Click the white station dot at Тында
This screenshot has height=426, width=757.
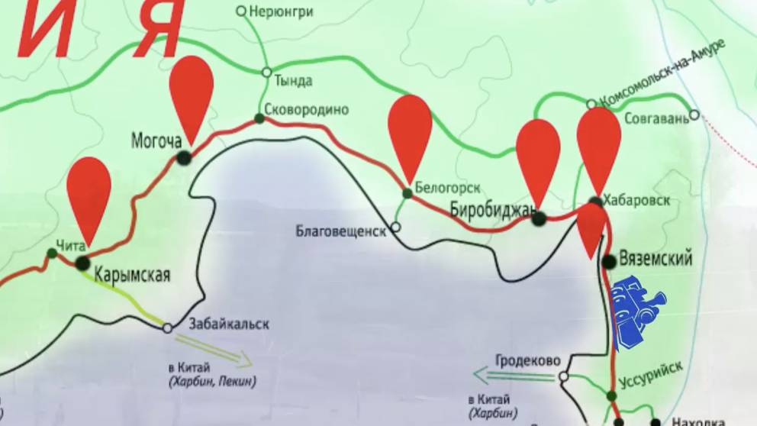(x=266, y=72)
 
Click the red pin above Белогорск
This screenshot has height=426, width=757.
(x=410, y=126)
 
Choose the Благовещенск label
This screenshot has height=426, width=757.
(x=340, y=231)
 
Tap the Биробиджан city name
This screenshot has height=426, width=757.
(x=488, y=208)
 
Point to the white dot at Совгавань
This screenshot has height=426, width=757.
(x=694, y=115)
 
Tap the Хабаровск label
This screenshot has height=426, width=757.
(x=636, y=200)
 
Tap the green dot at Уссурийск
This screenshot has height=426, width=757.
(x=611, y=395)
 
